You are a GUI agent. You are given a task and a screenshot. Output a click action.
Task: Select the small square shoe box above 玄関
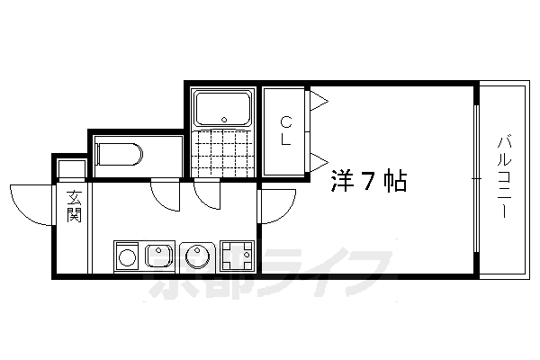(x=70, y=169)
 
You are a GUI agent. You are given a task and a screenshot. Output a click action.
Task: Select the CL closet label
(x=284, y=130)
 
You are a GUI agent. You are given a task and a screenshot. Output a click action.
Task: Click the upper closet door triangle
(x=318, y=100)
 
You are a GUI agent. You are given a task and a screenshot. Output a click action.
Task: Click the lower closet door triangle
(x=318, y=162)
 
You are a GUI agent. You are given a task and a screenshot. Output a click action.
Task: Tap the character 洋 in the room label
(x=340, y=182)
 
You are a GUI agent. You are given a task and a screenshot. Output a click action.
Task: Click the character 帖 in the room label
(x=393, y=182)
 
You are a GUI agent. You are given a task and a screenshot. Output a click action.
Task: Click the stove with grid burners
(x=238, y=256)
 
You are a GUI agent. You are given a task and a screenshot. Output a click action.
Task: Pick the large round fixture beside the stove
(x=196, y=257)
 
